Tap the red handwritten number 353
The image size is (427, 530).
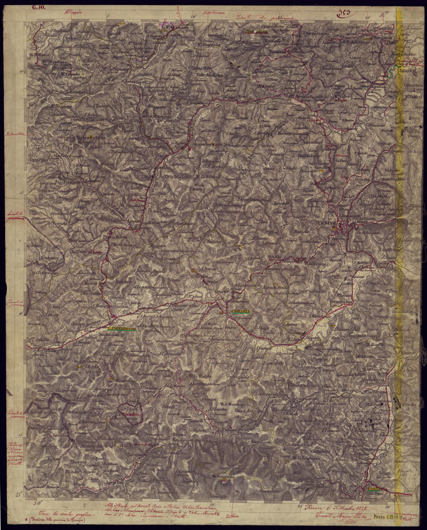click(x=346, y=12)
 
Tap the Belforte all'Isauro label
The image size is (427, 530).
click(x=87, y=252)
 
